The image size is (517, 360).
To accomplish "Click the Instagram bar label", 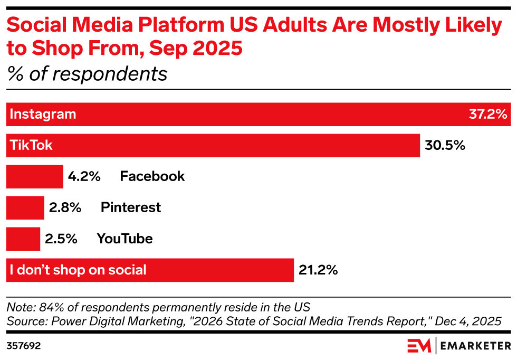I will tap(43, 115).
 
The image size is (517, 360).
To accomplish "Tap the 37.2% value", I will tap(487, 115).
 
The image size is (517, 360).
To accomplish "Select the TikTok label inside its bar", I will tap(31, 146).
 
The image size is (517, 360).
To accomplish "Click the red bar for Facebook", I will tap(34, 176).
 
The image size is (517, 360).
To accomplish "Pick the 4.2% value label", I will tap(84, 176).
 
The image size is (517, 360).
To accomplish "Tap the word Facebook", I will tap(152, 176).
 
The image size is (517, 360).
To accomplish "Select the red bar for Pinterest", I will tap(25, 207).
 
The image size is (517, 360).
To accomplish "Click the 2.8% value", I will tap(65, 207).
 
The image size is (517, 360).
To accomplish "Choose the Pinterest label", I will tap(131, 207).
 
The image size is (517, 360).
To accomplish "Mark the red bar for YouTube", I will tap(23, 239).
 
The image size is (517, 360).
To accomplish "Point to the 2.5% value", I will tap(61, 239).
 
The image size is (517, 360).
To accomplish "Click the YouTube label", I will tap(125, 239).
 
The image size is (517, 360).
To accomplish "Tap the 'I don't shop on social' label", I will tap(78, 270).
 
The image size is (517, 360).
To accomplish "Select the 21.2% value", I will tap(318, 270).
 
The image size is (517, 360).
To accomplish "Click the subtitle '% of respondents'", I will tap(87, 74).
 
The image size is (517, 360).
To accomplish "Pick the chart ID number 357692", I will tap(24, 346).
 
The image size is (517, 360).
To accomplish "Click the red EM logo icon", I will tap(419, 346).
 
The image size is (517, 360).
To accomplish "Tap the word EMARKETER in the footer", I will tap(476, 346).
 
